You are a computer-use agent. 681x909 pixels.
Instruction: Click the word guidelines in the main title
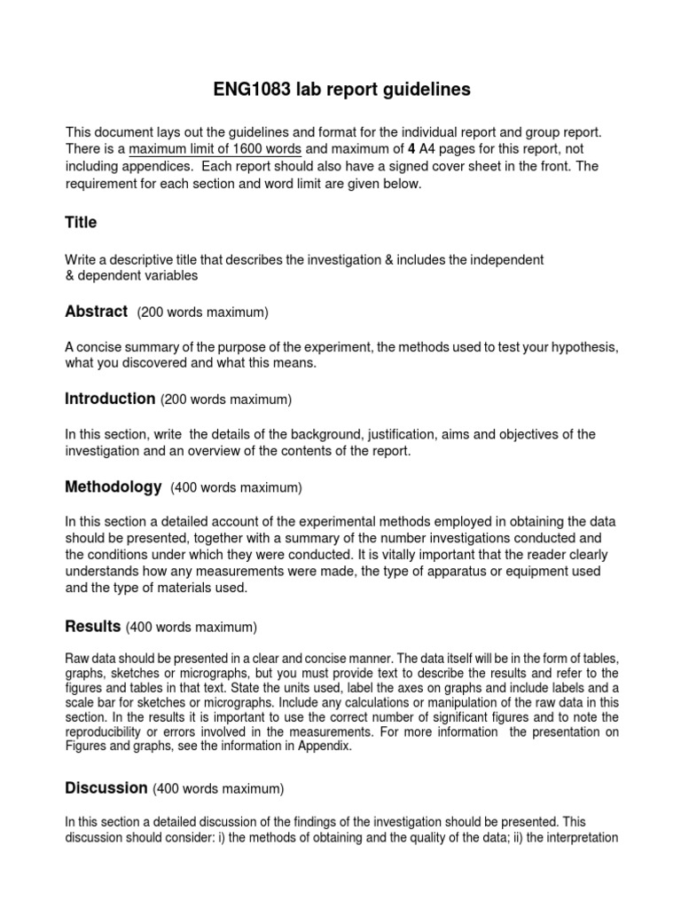tap(423, 90)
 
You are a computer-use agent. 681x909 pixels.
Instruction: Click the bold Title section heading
tap(81, 222)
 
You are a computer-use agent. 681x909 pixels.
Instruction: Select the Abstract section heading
tap(97, 312)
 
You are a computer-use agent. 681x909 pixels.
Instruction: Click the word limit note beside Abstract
tap(203, 312)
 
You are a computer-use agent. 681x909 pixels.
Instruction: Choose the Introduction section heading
tap(110, 399)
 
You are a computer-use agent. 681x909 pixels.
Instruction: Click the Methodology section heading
tap(113, 486)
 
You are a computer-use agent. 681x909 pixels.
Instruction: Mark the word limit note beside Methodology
tap(237, 487)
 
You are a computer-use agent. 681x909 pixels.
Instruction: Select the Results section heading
tap(93, 627)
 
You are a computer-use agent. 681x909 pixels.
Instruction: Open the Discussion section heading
tap(106, 787)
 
